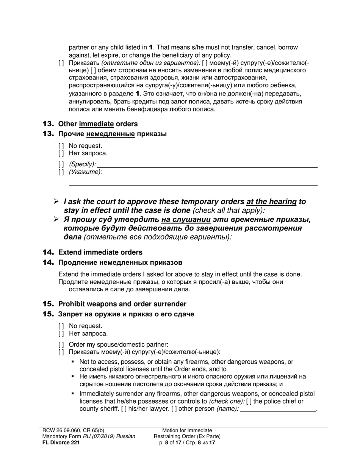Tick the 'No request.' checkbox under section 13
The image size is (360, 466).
[61, 146]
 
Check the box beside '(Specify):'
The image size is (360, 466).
[61, 164]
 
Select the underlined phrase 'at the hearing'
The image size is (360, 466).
[271, 202]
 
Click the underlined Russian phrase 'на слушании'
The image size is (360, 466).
[186, 220]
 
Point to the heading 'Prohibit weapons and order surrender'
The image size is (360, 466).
[122, 304]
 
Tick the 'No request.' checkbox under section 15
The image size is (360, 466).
[61, 326]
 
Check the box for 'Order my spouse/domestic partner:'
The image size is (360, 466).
[61, 345]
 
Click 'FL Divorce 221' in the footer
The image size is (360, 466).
[61, 442]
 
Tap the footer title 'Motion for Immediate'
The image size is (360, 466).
[187, 431]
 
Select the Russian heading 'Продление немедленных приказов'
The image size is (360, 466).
[120, 263]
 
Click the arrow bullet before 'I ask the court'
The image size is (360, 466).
[56, 202]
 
